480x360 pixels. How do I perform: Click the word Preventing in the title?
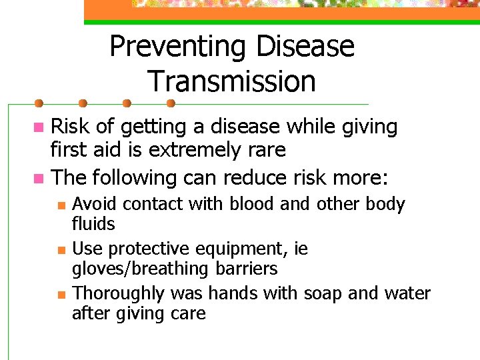[x=177, y=47]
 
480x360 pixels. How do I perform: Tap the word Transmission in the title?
[x=232, y=82]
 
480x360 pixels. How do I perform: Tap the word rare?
[x=266, y=151]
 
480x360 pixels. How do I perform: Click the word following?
[x=131, y=178]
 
